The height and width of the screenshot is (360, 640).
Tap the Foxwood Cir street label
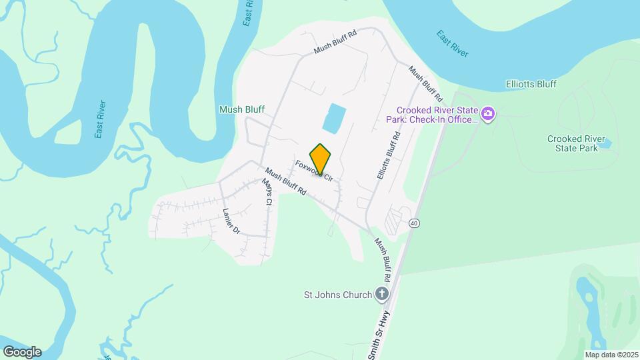pos(314,172)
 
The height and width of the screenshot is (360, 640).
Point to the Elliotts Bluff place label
pos(531,85)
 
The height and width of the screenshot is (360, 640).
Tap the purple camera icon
pos(488,115)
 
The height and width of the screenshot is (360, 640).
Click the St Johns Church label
pos(337,294)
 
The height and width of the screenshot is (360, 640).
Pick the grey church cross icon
pos(381,293)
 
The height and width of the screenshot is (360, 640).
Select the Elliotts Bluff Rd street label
pos(388,154)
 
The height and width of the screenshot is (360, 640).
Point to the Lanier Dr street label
pos(230,221)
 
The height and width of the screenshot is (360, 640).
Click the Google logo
pos(22,351)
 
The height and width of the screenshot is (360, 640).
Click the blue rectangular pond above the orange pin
pos(335,118)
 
